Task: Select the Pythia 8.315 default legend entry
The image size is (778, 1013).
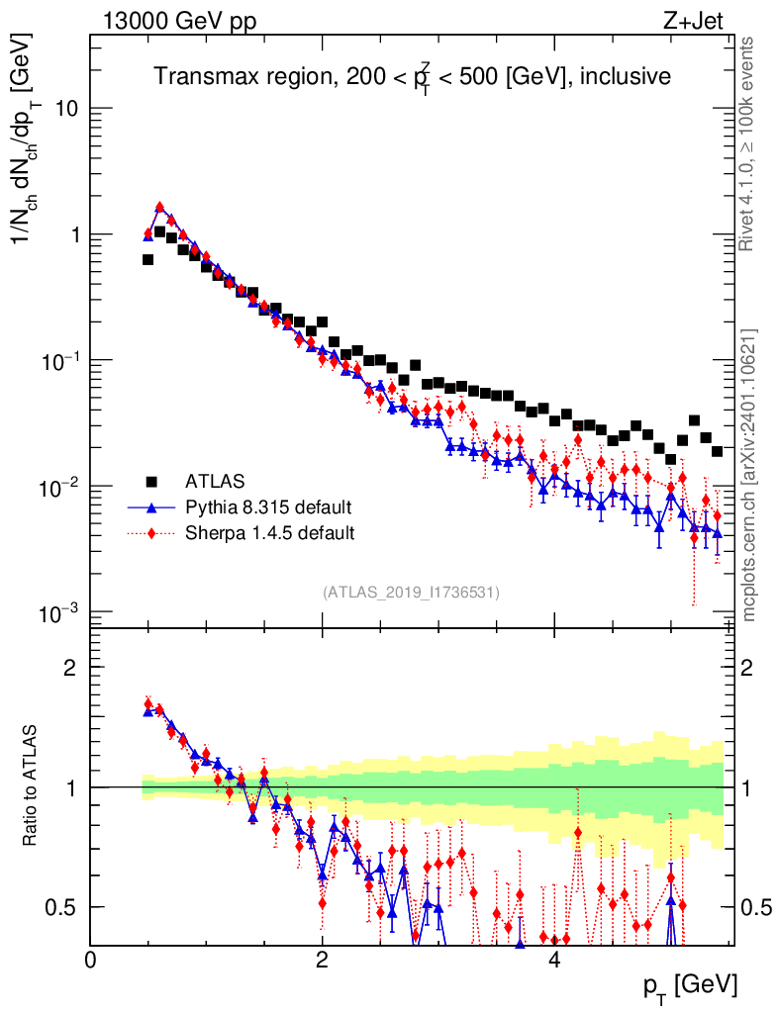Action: point(268,507)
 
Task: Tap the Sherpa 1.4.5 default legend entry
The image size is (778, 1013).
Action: point(270,533)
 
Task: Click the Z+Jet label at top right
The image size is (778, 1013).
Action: point(696,21)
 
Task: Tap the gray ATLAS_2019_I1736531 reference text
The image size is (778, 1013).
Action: point(411,593)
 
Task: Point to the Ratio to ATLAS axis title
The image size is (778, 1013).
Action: point(32,785)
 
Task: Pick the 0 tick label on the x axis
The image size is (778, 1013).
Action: point(91,959)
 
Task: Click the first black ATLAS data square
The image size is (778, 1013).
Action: point(147,259)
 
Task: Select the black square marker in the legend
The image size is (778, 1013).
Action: point(151,482)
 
